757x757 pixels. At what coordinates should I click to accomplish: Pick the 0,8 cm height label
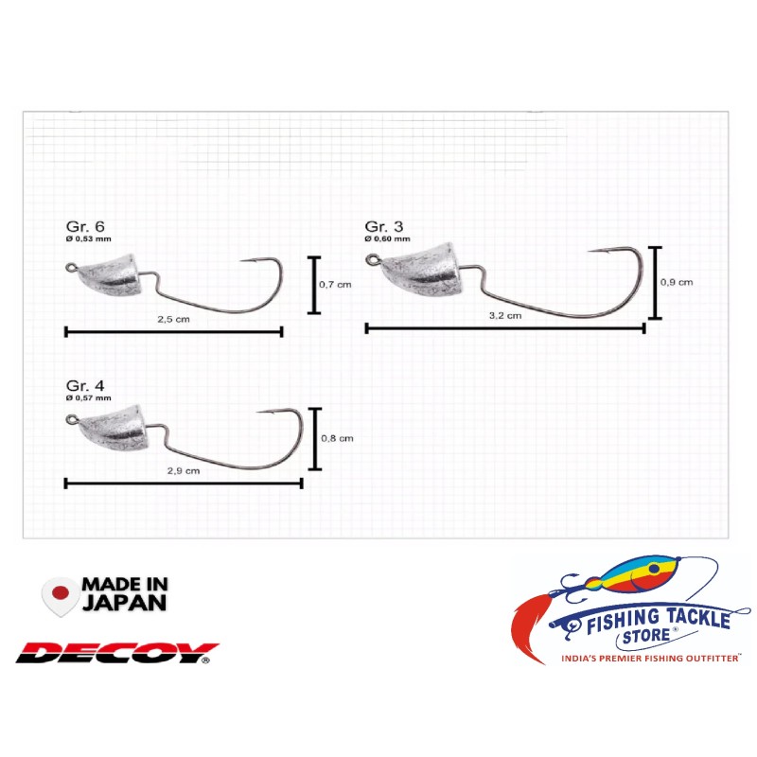click(339, 438)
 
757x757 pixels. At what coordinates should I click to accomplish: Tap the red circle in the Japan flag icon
click(61, 593)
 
